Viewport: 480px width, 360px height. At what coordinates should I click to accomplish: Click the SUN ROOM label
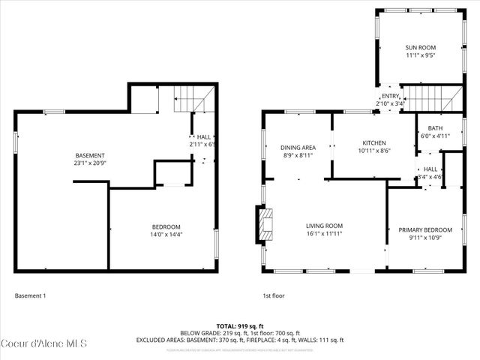click(x=420, y=46)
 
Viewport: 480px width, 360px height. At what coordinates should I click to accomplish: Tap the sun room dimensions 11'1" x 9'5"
click(x=420, y=55)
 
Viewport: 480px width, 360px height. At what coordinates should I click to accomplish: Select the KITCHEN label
click(x=373, y=142)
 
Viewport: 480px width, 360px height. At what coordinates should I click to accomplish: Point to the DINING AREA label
click(x=296, y=147)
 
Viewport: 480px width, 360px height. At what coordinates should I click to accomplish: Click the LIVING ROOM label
click(x=324, y=226)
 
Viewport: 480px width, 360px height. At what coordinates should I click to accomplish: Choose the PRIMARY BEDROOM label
click(x=425, y=229)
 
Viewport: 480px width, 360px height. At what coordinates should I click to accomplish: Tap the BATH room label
click(x=435, y=128)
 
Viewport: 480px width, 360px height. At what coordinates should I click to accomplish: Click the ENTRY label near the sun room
click(x=390, y=96)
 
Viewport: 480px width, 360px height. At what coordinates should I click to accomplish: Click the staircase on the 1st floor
click(x=430, y=98)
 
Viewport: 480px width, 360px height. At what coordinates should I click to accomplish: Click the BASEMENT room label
click(x=89, y=155)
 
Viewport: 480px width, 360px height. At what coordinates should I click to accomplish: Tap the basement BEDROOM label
click(x=166, y=227)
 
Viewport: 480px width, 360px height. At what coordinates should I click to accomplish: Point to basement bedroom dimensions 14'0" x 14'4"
click(x=166, y=235)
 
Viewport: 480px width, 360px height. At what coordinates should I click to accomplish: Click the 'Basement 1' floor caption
click(x=30, y=296)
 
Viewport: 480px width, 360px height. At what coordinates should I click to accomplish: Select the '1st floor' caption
click(x=275, y=296)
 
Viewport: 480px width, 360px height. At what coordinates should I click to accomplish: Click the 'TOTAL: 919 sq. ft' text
click(x=239, y=325)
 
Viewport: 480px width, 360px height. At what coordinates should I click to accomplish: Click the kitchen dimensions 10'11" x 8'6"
click(x=373, y=151)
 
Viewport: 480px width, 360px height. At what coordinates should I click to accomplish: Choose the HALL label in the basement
click(x=203, y=136)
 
